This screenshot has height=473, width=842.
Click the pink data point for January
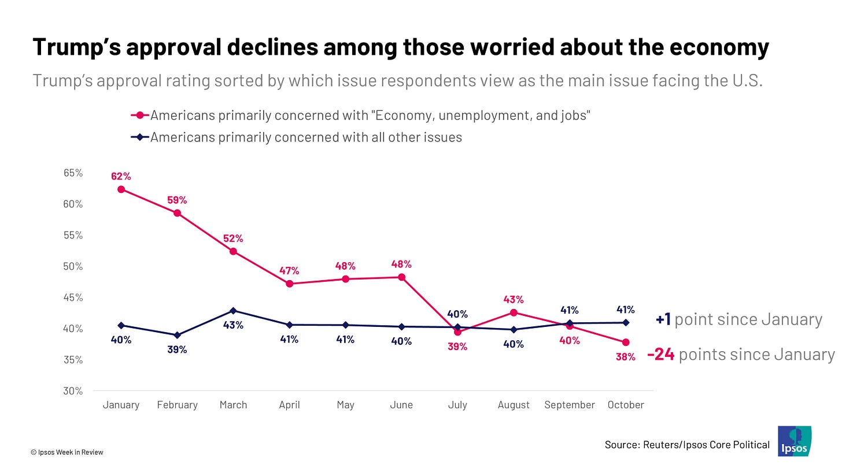click(x=121, y=189)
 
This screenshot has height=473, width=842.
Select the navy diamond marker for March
click(x=233, y=311)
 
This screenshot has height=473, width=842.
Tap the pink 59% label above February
click(x=178, y=200)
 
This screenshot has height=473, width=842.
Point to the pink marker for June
click(x=401, y=277)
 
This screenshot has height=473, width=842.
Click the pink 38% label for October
click(x=626, y=357)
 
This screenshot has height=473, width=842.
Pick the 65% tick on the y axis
click(x=73, y=173)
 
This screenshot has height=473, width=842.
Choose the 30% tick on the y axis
click(x=73, y=391)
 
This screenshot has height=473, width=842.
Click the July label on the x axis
click(x=457, y=405)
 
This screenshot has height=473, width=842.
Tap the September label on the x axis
click(x=570, y=405)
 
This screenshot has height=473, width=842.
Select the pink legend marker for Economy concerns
click(x=140, y=115)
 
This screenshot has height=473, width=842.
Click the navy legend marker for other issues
click(x=140, y=137)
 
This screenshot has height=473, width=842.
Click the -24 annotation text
click(x=661, y=354)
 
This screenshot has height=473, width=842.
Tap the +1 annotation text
click(x=663, y=319)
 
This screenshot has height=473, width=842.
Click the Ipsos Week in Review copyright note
click(x=67, y=452)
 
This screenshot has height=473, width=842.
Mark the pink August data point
click(x=514, y=312)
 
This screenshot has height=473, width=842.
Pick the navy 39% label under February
click(x=178, y=349)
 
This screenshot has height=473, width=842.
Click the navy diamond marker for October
click(x=626, y=322)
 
